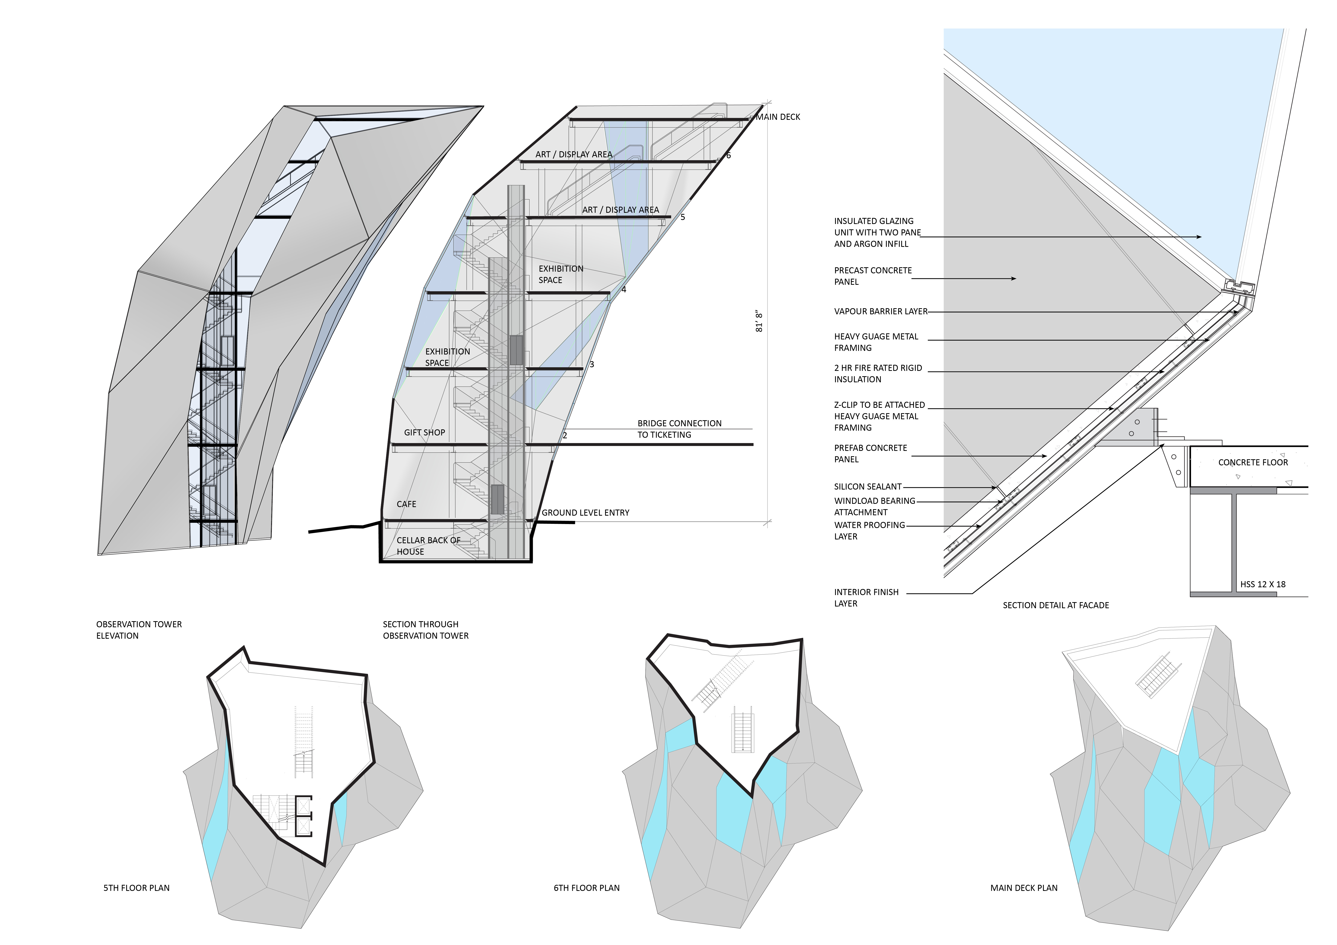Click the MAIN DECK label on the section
tap(778, 117)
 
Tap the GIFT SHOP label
tap(425, 433)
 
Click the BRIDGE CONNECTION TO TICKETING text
tap(679, 429)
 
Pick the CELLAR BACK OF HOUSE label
tap(428, 546)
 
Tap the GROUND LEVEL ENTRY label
tap(585, 513)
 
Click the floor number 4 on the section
tap(624, 289)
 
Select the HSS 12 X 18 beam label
tap(1262, 584)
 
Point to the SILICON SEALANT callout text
tap(868, 487)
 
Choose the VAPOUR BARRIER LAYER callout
tap(880, 311)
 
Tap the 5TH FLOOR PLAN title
tap(136, 888)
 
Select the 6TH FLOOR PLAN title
tap(586, 888)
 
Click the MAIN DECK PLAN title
tap(1024, 888)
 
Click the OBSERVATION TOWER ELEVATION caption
tap(139, 630)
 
